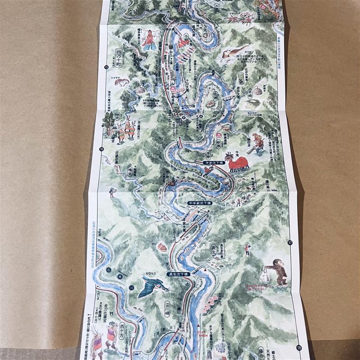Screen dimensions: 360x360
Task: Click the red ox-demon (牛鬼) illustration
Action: coord(237,162)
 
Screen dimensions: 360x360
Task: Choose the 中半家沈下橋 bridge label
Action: coord(199,203)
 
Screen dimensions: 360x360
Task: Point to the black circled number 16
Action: coord(101,149)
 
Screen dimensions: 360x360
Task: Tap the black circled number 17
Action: coord(290,243)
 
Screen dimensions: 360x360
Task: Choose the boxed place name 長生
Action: coord(214,250)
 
